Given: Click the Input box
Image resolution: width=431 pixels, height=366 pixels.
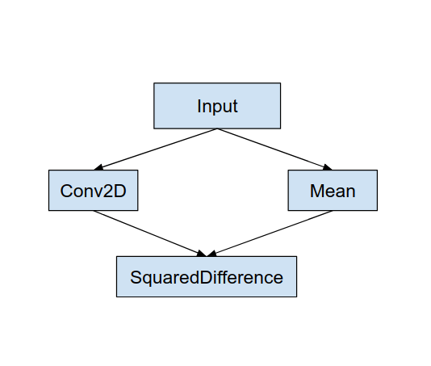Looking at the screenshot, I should [217, 106].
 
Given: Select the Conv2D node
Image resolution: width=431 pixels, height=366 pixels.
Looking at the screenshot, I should [93, 191].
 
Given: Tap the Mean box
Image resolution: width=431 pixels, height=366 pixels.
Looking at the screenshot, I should [333, 191].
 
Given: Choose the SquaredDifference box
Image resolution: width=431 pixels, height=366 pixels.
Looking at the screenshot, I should [207, 277].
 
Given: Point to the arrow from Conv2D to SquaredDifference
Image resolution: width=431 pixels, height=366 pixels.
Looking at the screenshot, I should [149, 233].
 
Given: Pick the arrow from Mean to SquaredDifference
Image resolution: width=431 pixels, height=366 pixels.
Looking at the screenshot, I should [270, 233].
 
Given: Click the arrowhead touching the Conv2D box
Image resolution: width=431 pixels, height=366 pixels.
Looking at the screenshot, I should [98, 167].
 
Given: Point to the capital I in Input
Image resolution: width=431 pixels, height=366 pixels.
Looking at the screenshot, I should [199, 107].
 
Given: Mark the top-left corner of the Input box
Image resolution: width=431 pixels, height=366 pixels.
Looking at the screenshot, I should [154, 83].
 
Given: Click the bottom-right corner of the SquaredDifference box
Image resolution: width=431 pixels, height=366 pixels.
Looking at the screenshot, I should [296, 297].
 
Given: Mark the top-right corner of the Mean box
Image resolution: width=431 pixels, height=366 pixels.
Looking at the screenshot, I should [377, 170].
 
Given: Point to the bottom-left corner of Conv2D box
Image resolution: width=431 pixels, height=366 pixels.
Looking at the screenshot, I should [48, 211].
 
